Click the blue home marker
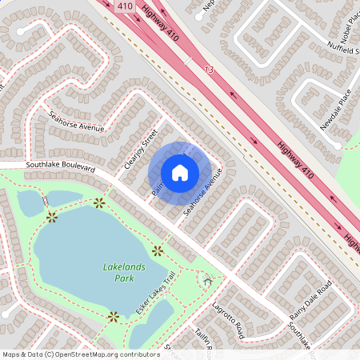pyautogui.click(x=180, y=172)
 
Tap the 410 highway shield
pyautogui.click(x=124, y=6)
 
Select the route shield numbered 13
pyautogui.click(x=210, y=70)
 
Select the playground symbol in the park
pyautogui.click(x=208, y=280)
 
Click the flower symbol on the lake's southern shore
pyautogui.click(x=113, y=317)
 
